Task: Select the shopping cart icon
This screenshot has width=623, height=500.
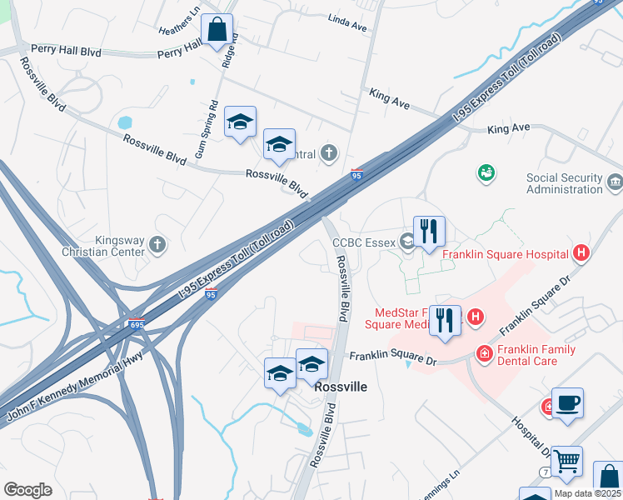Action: [566, 461]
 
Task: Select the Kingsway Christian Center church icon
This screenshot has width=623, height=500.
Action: [157, 245]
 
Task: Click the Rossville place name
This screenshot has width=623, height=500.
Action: [341, 387]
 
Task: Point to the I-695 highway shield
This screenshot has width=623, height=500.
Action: [136, 324]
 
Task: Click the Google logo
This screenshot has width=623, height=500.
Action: [27, 489]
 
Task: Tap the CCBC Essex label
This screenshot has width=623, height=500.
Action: [364, 243]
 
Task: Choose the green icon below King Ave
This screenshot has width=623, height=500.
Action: [486, 172]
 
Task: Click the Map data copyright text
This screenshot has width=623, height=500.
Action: [586, 493]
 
